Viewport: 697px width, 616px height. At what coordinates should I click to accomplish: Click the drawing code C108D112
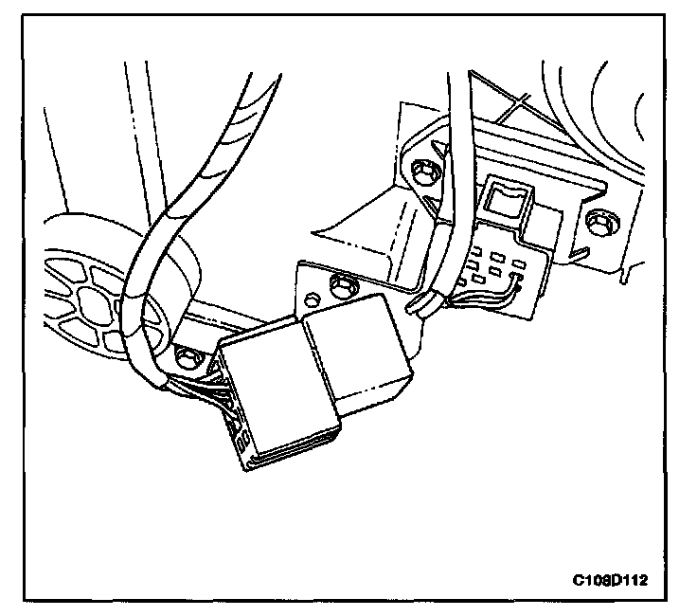coord(615,577)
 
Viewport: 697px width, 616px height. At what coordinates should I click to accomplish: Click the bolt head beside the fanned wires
coord(186,356)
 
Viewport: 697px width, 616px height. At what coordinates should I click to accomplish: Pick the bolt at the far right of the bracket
coord(597,223)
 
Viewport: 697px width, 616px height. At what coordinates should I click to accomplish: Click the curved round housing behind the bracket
coord(606,104)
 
